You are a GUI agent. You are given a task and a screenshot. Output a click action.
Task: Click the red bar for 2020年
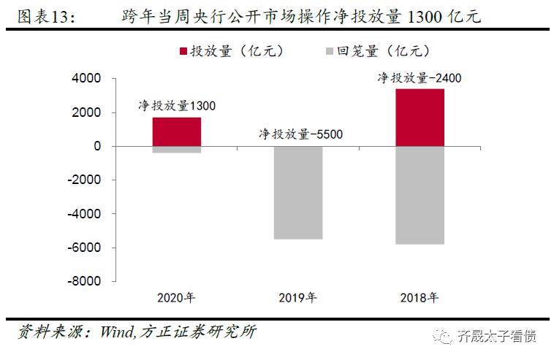176,131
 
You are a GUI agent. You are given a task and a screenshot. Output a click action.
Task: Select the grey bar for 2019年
297,193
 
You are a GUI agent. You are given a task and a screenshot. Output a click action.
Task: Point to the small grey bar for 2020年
176,150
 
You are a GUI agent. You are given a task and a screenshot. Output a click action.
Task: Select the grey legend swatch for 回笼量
327,52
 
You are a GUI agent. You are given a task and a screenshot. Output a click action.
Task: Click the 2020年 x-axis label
176,298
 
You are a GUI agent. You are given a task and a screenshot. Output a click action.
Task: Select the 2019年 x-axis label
297,298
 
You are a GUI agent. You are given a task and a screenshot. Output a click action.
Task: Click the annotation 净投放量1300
177,106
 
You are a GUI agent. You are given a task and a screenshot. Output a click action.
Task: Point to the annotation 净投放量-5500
300,134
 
